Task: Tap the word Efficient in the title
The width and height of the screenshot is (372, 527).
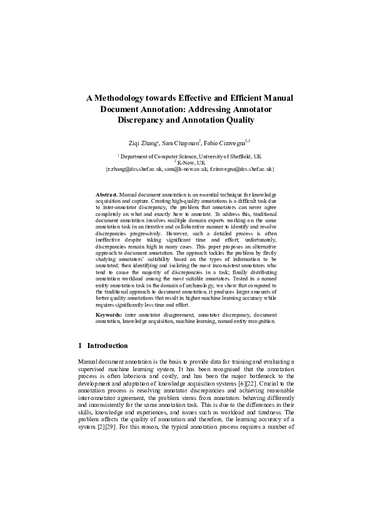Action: pos(234,98)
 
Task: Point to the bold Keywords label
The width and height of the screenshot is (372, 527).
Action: pos(109,314)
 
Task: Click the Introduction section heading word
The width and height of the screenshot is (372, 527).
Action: pos(108,345)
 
